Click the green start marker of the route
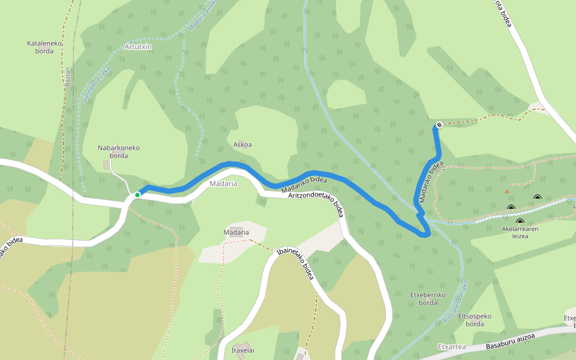(137, 194)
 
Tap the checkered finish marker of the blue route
(439, 125)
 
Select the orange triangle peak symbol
(507, 191)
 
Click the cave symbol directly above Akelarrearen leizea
(520, 221)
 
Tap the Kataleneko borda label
(40, 47)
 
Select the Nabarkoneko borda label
(119, 151)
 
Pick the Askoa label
(242, 145)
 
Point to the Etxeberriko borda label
(427, 299)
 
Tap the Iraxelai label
(243, 350)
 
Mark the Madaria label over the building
(236, 232)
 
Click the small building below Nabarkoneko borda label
(107, 164)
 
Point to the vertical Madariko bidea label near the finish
(431, 181)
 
